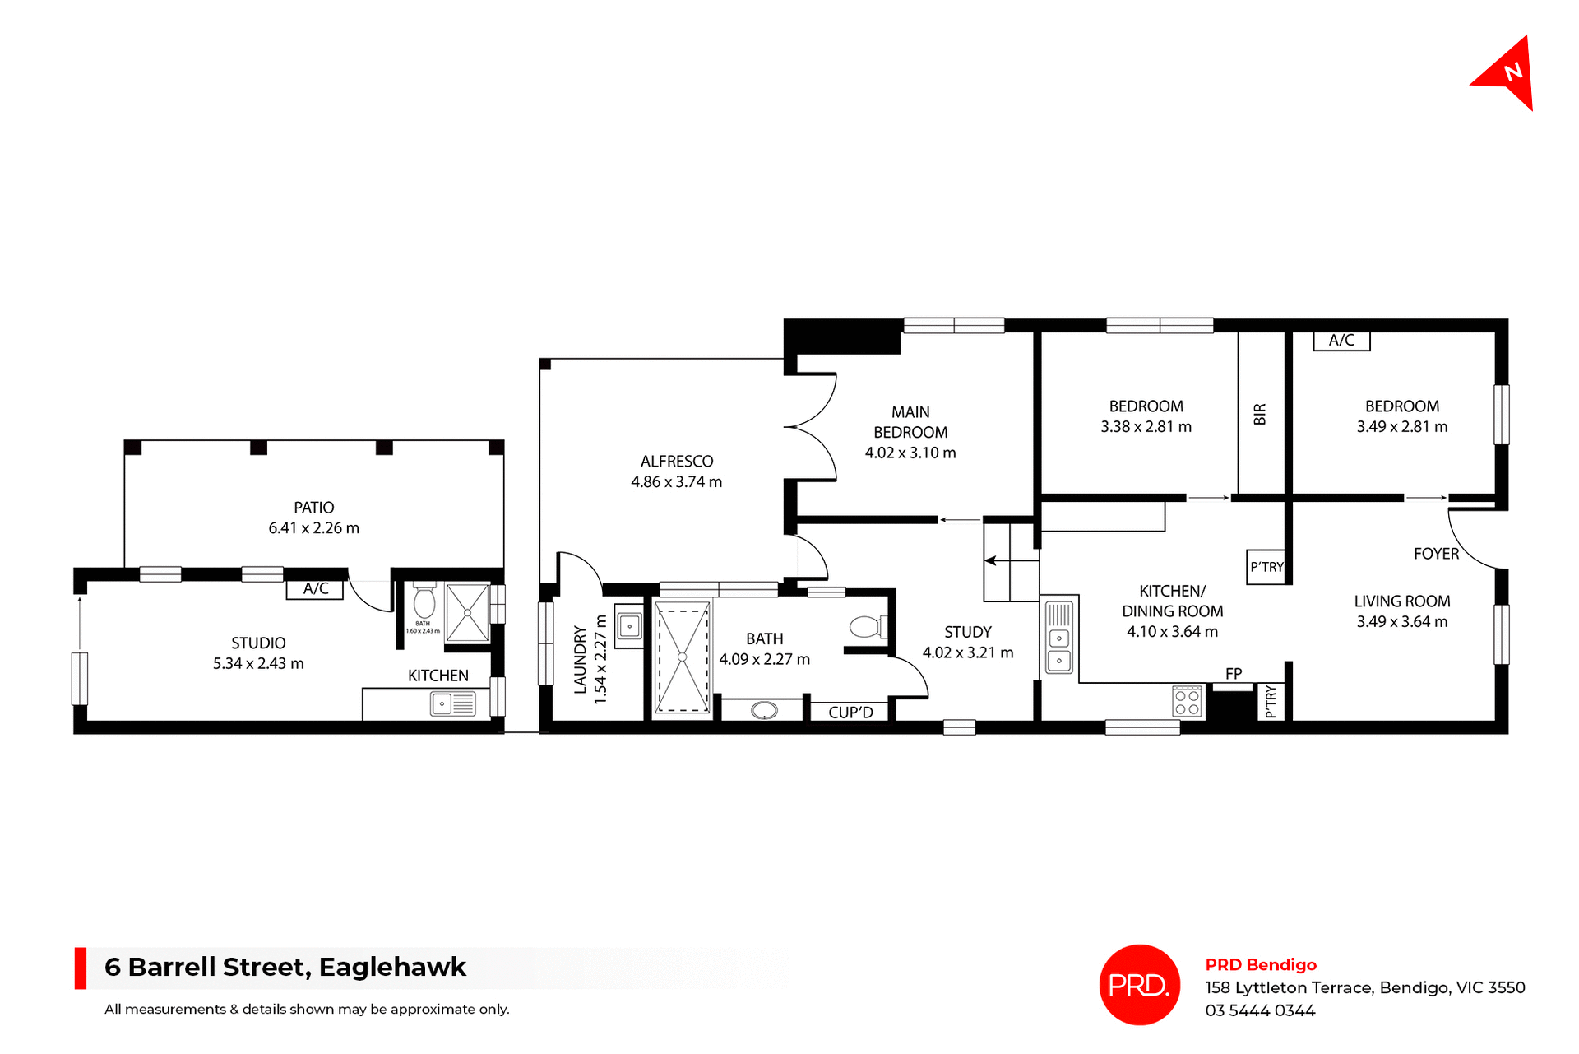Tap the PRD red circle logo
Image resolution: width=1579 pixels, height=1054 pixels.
click(x=1139, y=984)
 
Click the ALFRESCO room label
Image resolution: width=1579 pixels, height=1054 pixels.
click(x=676, y=462)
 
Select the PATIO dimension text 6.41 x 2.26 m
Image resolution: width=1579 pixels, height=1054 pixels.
click(x=313, y=528)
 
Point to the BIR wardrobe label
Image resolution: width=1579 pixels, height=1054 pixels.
click(x=1260, y=414)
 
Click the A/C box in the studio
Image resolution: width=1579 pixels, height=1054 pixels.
click(x=315, y=589)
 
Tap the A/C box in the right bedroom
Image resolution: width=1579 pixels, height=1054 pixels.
click(x=1341, y=341)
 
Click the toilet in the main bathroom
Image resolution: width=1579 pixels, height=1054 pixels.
click(x=866, y=628)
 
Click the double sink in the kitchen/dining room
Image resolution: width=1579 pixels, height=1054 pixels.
click(x=1059, y=648)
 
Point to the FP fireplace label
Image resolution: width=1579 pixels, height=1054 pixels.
click(x=1233, y=674)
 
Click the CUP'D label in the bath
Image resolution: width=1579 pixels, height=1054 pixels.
click(x=850, y=713)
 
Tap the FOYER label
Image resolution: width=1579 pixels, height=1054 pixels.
click(x=1436, y=555)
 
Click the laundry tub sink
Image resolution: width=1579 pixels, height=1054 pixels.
click(x=629, y=627)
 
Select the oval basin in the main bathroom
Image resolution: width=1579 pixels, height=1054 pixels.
click(x=764, y=710)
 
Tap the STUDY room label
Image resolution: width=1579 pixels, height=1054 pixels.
click(x=967, y=632)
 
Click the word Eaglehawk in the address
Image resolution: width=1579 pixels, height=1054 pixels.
click(x=392, y=967)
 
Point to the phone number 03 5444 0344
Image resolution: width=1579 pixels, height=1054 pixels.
click(x=1260, y=1010)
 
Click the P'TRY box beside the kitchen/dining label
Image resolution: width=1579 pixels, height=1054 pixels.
click(x=1266, y=567)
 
